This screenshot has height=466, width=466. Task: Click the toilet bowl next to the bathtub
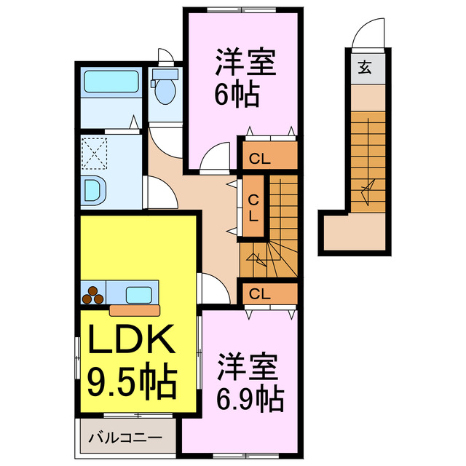164,89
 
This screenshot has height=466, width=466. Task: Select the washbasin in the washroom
95,190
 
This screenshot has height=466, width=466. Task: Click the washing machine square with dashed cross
94,154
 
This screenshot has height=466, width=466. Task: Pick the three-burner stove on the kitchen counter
93,295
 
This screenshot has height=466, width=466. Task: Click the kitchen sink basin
138,295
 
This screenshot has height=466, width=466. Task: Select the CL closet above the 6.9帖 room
269,293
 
